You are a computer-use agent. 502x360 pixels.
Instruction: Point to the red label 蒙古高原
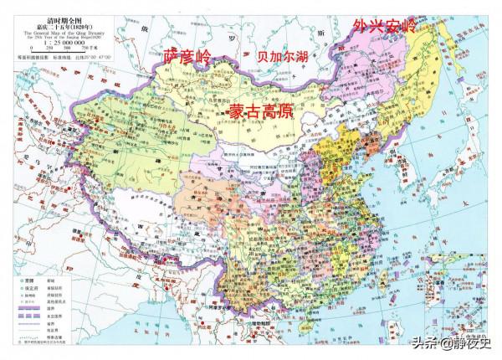pos(259,111)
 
